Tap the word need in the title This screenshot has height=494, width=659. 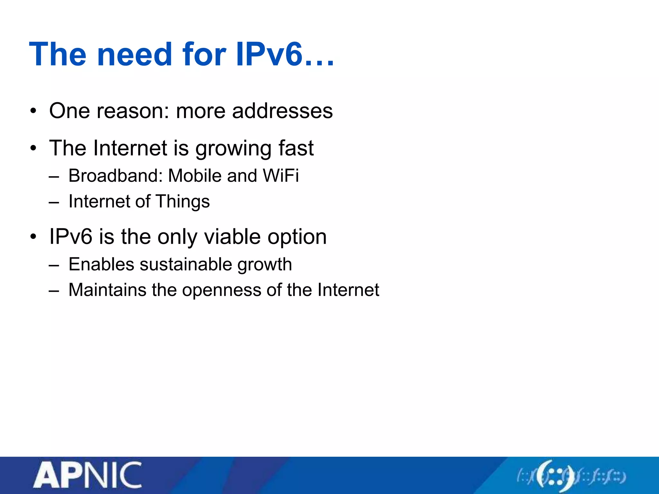pyautogui.click(x=135, y=54)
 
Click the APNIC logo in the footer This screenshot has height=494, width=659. pyautogui.click(x=88, y=475)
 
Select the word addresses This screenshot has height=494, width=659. pyautogui.click(x=282, y=111)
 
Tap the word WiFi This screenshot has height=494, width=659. pyautogui.click(x=281, y=176)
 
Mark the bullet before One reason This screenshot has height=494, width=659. pyautogui.click(x=33, y=111)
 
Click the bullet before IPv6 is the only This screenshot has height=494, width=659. pyautogui.click(x=33, y=237)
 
